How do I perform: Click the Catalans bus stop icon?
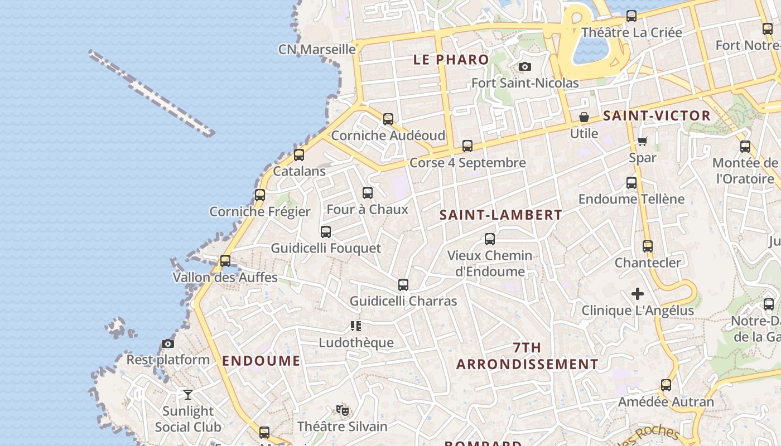[x=299, y=155]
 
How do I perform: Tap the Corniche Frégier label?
[x=260, y=212]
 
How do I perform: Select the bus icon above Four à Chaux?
[x=368, y=193]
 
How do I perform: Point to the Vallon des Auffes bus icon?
[x=225, y=261]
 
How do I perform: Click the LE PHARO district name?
[x=451, y=60]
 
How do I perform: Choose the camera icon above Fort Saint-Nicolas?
[x=525, y=67]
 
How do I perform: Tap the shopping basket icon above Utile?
[x=584, y=118]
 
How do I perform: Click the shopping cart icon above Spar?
[x=642, y=142]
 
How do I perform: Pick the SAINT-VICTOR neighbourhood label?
[x=657, y=116]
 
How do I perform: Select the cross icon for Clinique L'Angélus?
[x=638, y=294]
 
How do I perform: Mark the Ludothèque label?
[x=356, y=343]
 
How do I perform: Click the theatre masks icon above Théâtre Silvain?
[x=343, y=411]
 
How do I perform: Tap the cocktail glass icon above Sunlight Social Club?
[x=188, y=395]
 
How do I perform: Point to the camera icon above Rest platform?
[x=168, y=344]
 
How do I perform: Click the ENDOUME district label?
[x=261, y=361]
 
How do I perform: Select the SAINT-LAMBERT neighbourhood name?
[x=500, y=215]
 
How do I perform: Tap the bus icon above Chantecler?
[x=648, y=246]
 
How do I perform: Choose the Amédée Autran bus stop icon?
[x=666, y=385]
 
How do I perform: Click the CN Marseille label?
[x=317, y=50]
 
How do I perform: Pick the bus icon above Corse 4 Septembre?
[x=467, y=146]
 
